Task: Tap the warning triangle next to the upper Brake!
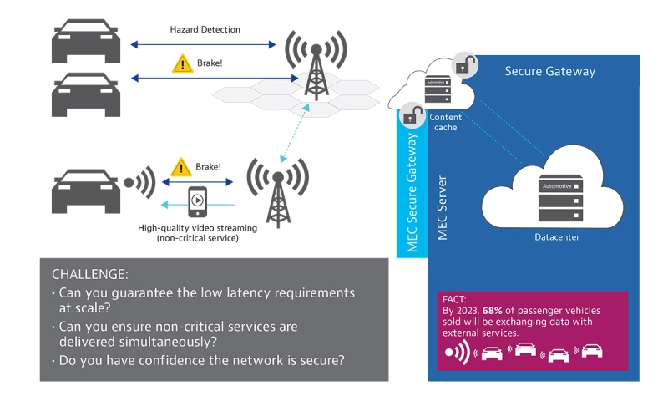point(182,63)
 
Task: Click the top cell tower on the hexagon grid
point(316,63)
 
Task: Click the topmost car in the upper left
point(83,42)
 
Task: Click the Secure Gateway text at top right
point(549,71)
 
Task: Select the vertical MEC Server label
point(443,208)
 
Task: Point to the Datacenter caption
point(557,237)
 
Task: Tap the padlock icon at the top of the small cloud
point(465,64)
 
